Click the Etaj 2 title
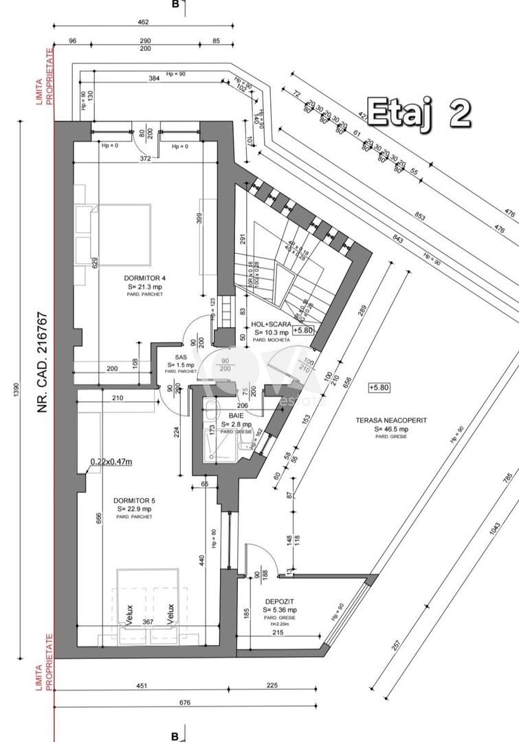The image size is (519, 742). click(419, 112)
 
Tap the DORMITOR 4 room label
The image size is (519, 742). click(145, 278)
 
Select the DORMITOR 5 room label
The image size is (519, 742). click(134, 501)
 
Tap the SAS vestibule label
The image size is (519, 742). click(181, 357)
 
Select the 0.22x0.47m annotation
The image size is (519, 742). click(111, 462)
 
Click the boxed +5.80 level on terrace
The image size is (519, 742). click(379, 387)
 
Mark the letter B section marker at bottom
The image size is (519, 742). click(175, 735)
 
